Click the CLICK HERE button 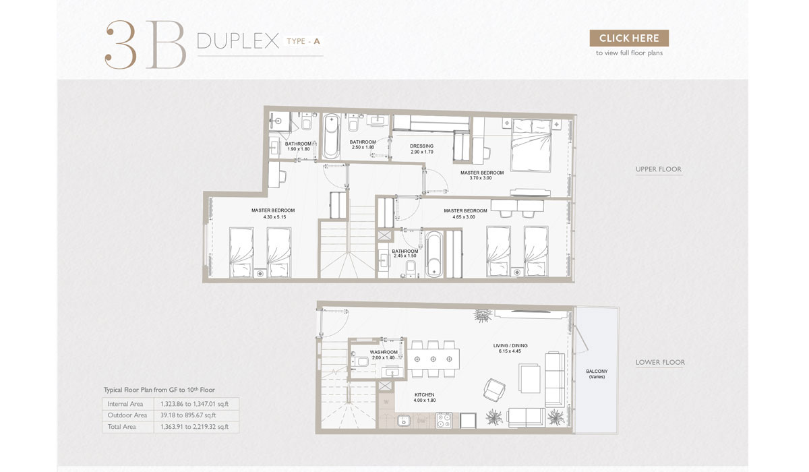click(629, 38)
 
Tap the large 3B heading click(145, 45)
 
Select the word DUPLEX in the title click(238, 42)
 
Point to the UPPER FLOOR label click(658, 169)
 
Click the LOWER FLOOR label click(659, 362)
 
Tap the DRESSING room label click(422, 149)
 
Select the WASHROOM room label click(384, 355)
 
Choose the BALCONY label click(597, 374)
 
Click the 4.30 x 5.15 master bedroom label click(273, 214)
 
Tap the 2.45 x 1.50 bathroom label click(405, 254)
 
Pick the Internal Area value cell click(195, 404)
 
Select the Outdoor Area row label click(127, 415)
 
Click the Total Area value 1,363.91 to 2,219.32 click(195, 427)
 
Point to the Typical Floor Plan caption click(159, 390)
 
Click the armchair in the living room click(493, 389)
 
